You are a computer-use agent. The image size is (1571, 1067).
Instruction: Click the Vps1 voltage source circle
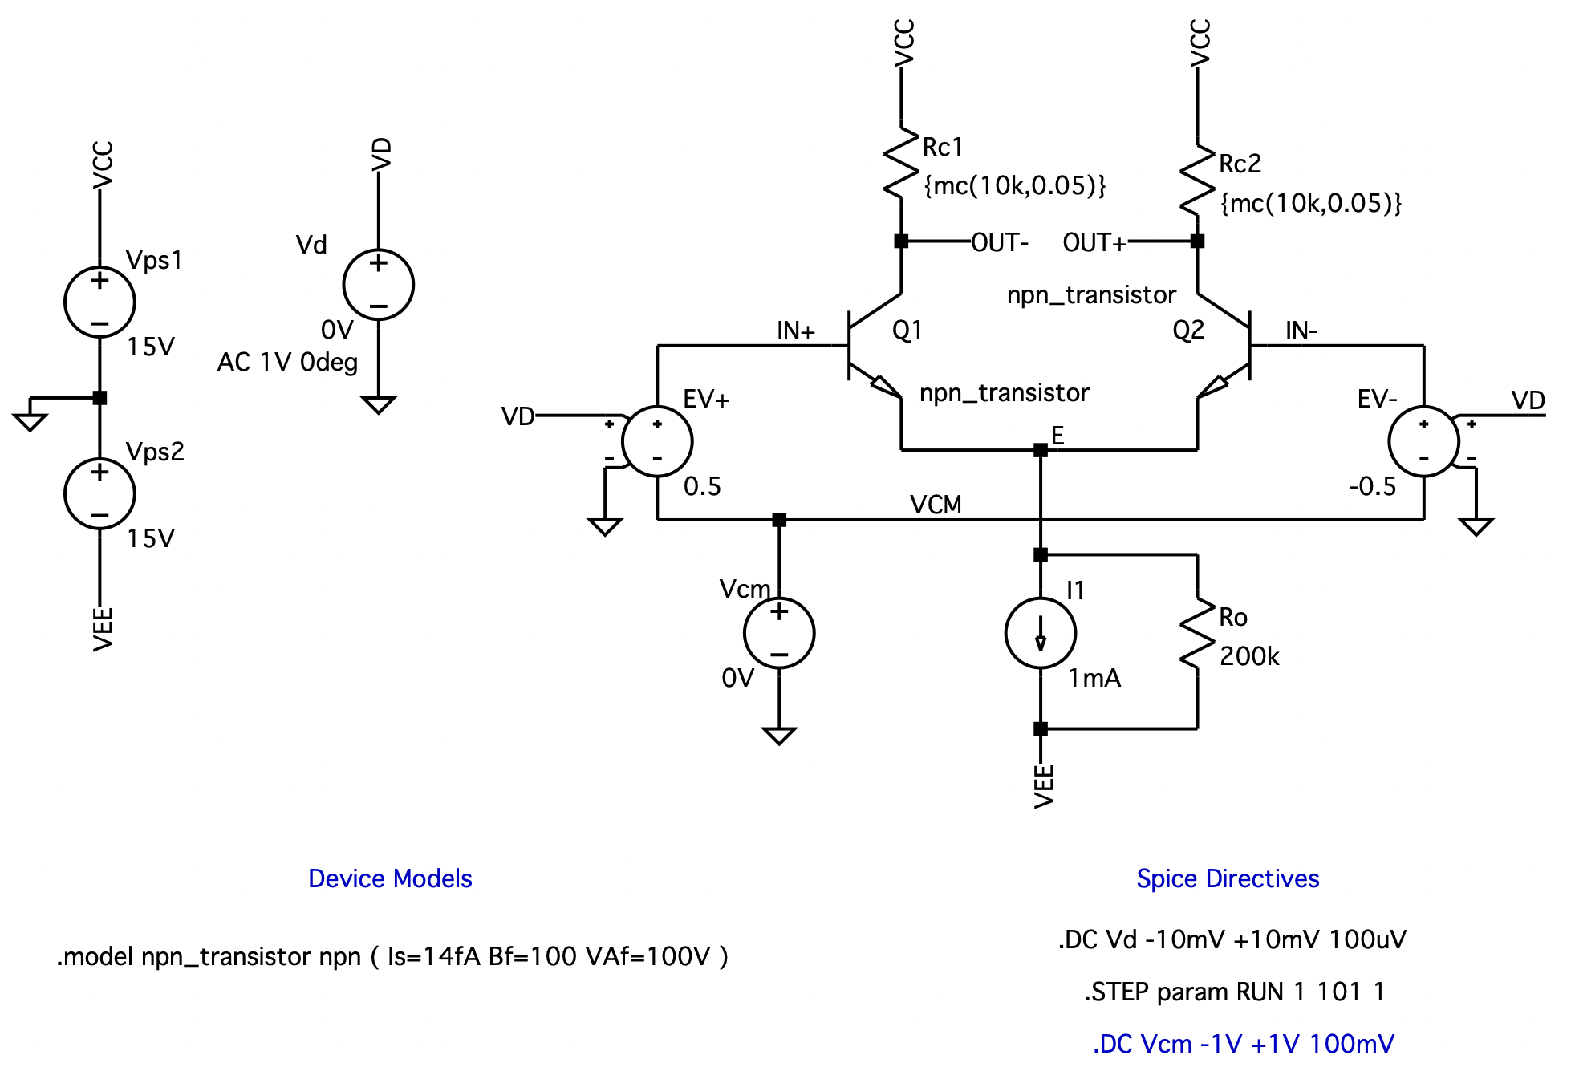(x=99, y=302)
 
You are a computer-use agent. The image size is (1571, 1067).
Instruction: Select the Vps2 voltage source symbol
(x=99, y=493)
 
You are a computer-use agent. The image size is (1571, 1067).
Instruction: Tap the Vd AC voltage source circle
(x=378, y=285)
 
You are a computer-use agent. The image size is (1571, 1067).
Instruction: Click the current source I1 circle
(x=1040, y=633)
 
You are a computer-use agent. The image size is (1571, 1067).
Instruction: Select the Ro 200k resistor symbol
(x=1197, y=634)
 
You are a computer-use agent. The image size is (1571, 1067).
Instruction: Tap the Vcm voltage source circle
(x=778, y=633)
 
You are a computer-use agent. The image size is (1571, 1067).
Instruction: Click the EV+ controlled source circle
(x=657, y=442)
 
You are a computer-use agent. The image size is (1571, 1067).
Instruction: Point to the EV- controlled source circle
(x=1423, y=442)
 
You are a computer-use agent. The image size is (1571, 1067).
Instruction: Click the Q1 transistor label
(x=907, y=330)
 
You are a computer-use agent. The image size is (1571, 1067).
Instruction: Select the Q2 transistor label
(x=1187, y=330)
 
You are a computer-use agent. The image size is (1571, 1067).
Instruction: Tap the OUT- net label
(x=999, y=242)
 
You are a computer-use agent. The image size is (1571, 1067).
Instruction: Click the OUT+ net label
(x=1094, y=242)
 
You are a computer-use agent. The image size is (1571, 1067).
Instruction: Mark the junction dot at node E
(x=1040, y=450)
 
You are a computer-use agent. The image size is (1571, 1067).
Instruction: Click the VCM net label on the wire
(x=936, y=505)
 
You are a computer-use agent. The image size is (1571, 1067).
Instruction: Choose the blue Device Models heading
(x=390, y=878)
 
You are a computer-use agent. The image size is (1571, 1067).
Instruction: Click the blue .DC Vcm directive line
(x=1243, y=1044)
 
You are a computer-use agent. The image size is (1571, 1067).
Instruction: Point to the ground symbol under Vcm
(x=778, y=735)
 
